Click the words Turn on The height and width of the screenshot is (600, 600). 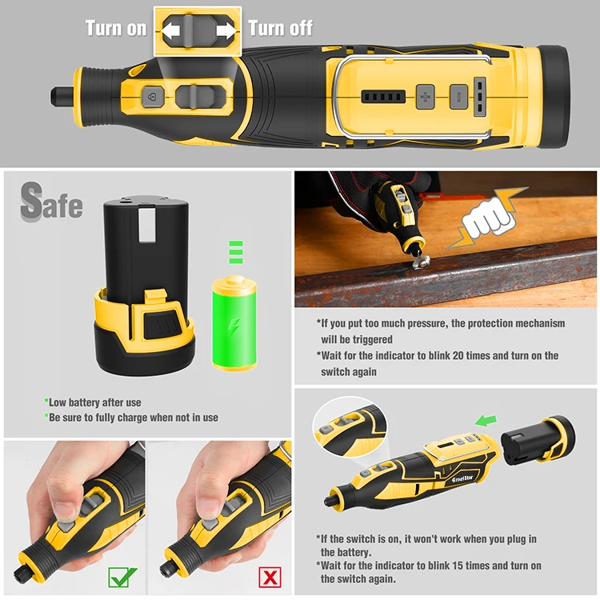116,28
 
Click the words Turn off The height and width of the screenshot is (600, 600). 281,28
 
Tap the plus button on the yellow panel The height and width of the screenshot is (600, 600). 425,97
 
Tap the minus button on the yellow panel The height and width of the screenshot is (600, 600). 459,97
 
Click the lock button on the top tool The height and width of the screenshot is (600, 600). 152,97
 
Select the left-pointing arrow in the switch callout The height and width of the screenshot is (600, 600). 170,30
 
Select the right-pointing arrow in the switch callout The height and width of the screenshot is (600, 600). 226,30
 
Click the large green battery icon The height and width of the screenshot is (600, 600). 234,323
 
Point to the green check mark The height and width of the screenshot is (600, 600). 122,577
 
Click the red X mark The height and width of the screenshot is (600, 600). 270,577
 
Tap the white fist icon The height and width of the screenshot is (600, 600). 487,219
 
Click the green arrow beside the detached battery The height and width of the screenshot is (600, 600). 486,421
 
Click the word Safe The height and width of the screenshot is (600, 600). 51,202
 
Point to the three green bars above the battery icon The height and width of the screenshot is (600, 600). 236,252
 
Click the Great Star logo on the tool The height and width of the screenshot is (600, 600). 462,478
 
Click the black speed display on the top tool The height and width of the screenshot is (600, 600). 383,97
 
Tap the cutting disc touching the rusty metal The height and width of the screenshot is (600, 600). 420,262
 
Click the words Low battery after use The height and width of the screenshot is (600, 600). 94,402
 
